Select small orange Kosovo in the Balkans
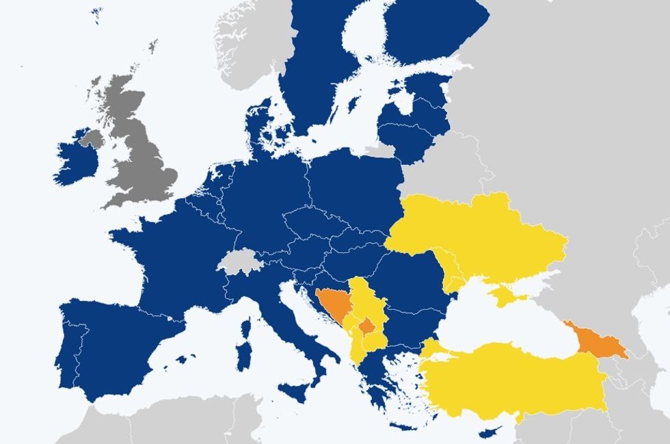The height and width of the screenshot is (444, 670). point(367,326)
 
